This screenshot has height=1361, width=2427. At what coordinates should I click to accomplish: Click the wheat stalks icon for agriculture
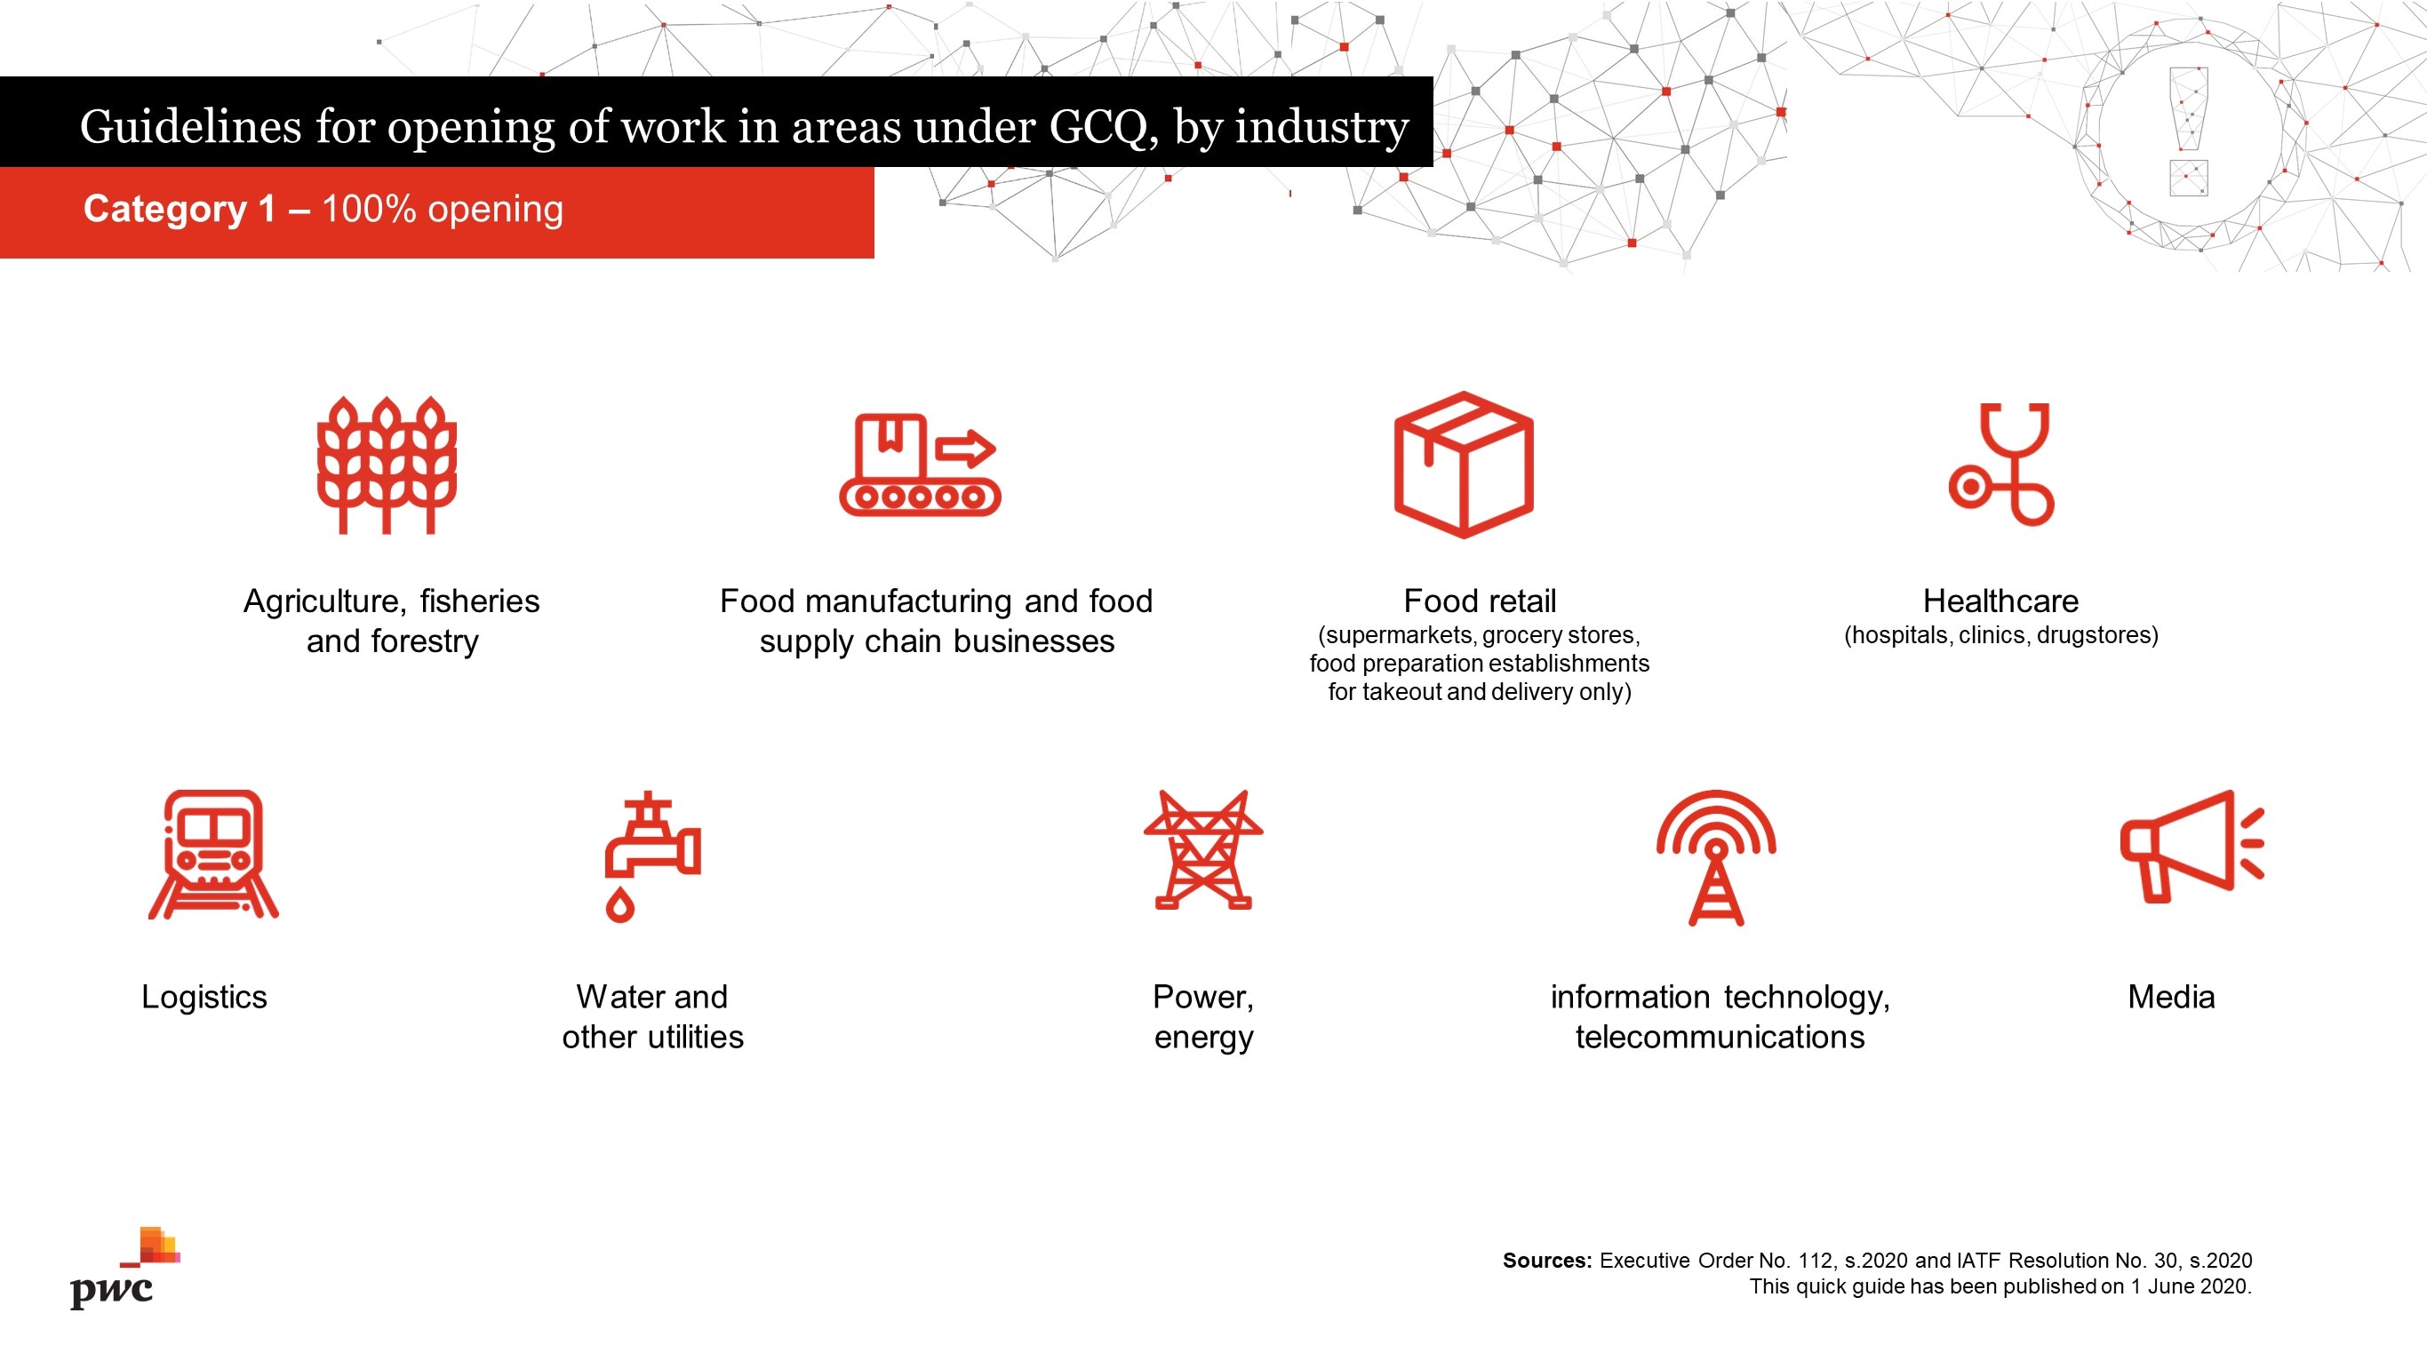coord(387,466)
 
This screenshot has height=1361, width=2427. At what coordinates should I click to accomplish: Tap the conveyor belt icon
coord(920,465)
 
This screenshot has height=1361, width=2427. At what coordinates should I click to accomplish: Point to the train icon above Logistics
coord(214,854)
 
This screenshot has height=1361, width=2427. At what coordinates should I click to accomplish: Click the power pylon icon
coord(1203,849)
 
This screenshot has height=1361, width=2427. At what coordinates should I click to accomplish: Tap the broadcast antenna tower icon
coord(1717,857)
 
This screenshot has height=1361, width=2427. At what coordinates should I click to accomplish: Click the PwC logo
coord(125,1268)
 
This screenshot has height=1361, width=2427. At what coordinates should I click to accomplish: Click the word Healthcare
coord(2000,601)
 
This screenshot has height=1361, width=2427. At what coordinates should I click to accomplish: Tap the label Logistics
coord(204,998)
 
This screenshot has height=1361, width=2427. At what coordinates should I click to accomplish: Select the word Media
coord(2171,997)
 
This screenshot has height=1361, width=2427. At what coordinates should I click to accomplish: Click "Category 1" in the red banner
coord(179,209)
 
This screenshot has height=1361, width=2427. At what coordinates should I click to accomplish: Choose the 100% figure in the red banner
coord(369,208)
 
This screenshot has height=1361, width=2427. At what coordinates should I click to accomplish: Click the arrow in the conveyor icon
coord(965,449)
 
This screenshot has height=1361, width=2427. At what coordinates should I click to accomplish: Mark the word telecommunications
coord(1720,1037)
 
